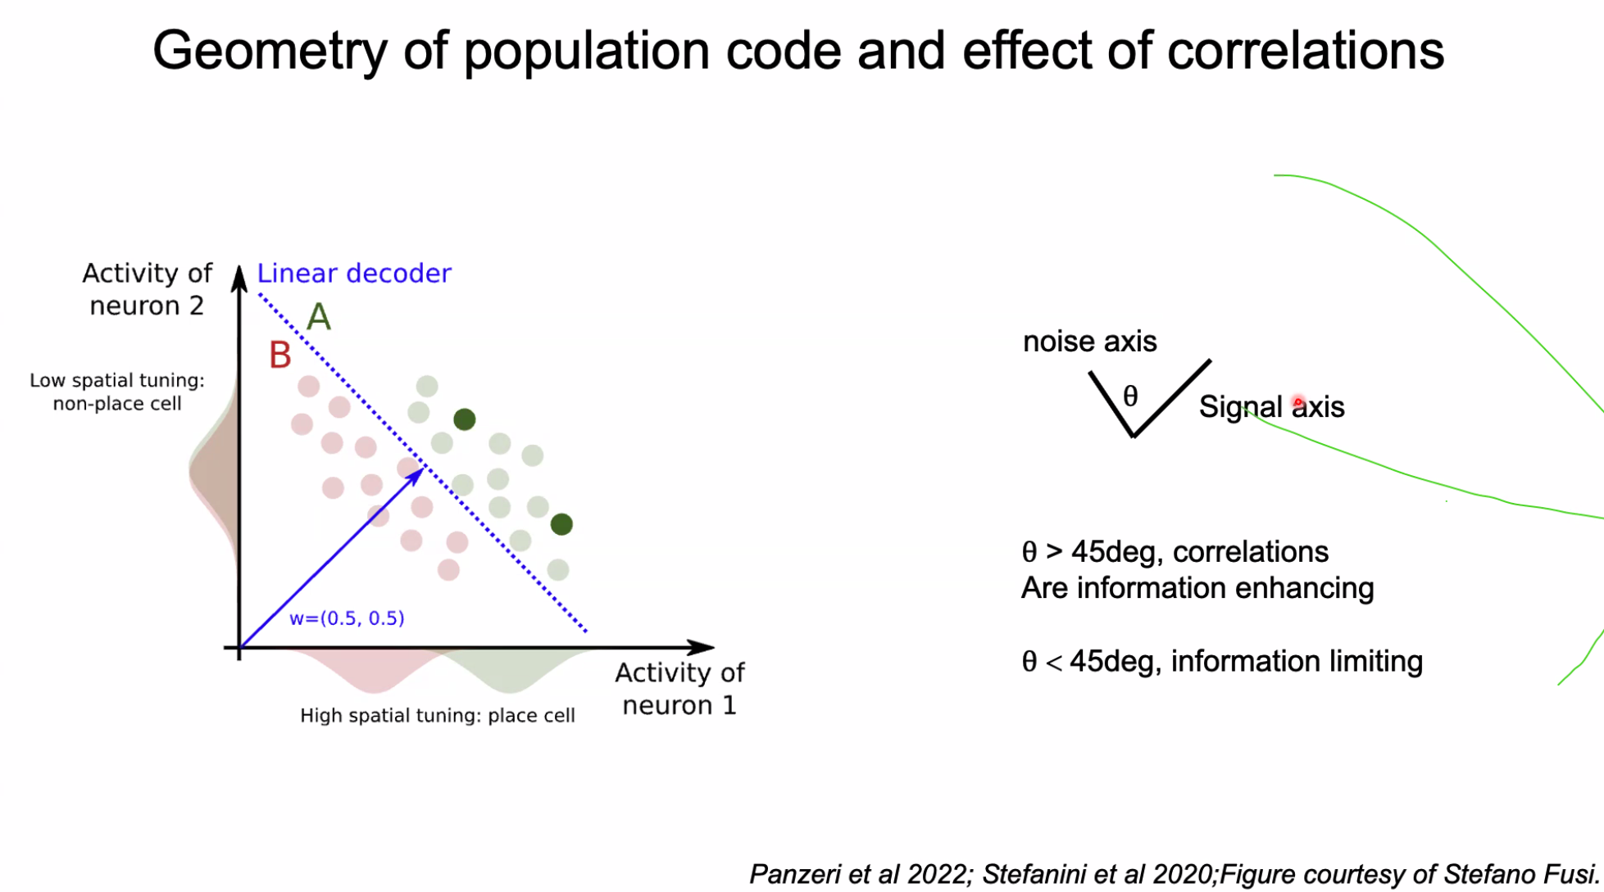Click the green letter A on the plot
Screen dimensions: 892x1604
[319, 317]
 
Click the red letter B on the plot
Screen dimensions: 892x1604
[280, 355]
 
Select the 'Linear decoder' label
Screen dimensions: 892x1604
[354, 274]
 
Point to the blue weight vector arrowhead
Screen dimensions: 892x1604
[417, 473]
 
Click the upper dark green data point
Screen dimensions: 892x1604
[465, 420]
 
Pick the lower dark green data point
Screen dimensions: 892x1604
[561, 524]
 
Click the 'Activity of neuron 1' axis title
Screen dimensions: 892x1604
[679, 689]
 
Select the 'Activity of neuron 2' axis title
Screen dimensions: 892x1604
[147, 289]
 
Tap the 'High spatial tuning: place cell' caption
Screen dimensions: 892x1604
[437, 716]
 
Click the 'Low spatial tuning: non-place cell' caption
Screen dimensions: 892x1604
[117, 392]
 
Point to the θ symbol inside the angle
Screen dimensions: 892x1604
[1130, 396]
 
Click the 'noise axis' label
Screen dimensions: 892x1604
[1089, 342]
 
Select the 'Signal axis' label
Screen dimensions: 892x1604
[1271, 407]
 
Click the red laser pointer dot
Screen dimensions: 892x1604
[1298, 402]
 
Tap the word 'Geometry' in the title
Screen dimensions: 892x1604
[270, 51]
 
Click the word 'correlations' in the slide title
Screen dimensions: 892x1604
[1306, 51]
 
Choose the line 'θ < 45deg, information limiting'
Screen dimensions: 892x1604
[1221, 662]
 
